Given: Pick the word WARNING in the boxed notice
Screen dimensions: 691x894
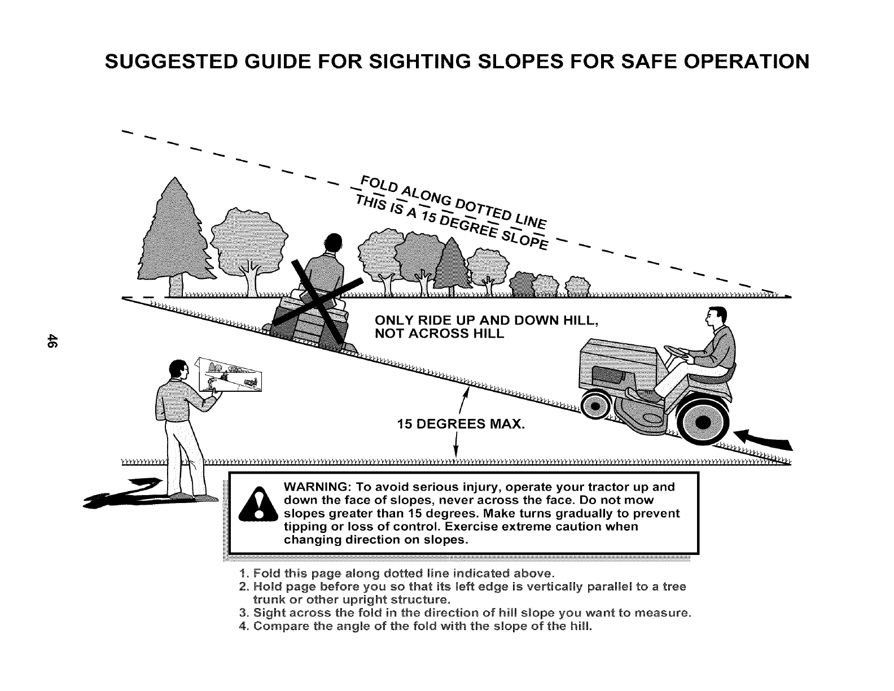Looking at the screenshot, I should tap(316, 487).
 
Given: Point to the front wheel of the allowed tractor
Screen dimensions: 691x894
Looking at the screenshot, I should tap(595, 405).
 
